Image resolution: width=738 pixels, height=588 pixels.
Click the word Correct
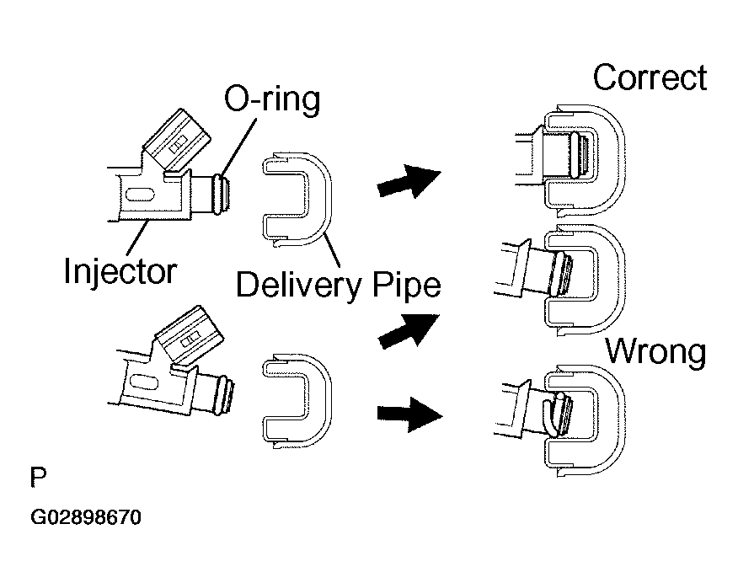(x=650, y=78)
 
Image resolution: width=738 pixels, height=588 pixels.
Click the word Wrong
(x=655, y=351)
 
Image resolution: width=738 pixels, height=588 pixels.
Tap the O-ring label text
(x=272, y=99)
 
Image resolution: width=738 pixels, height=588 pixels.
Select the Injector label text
(x=120, y=271)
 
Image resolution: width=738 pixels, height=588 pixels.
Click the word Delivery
(x=299, y=285)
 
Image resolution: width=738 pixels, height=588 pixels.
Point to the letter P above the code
(x=38, y=478)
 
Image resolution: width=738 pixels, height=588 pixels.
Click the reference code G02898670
(x=86, y=517)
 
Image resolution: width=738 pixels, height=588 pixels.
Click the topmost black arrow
(x=409, y=181)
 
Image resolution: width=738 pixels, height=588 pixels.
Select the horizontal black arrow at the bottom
(x=409, y=414)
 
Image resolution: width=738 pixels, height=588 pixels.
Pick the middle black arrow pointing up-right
(x=409, y=331)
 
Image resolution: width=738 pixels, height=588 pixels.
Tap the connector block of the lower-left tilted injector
(x=190, y=335)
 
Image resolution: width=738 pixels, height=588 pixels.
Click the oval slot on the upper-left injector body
(x=140, y=195)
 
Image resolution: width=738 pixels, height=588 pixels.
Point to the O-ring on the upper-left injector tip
(x=218, y=194)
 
